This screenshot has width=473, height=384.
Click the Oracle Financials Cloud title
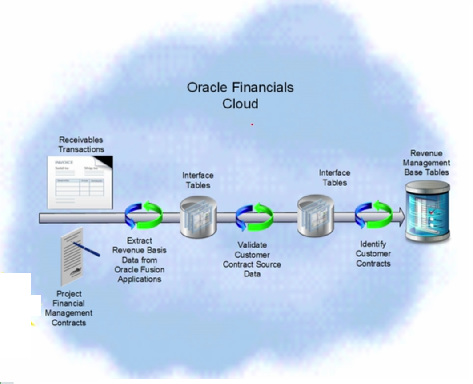pyautogui.click(x=240, y=95)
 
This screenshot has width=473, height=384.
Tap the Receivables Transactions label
pyautogui.click(x=81, y=144)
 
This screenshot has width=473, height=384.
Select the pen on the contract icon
pyautogui.click(x=87, y=249)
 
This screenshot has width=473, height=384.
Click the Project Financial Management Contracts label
pyautogui.click(x=69, y=308)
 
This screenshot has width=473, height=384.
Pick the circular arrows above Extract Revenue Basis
pyautogui.click(x=144, y=216)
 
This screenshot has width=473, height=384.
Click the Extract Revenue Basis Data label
pyautogui.click(x=139, y=260)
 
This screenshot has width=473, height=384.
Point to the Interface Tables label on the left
pyautogui.click(x=198, y=180)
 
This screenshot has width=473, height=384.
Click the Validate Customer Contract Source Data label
pyautogui.click(x=252, y=259)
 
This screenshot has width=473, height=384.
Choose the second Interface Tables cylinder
pyautogui.click(x=315, y=216)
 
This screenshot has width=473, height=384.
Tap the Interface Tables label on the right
pyautogui.click(x=334, y=177)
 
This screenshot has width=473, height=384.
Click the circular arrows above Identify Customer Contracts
pyautogui.click(x=373, y=215)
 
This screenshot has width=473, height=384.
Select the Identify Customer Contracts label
pyautogui.click(x=373, y=254)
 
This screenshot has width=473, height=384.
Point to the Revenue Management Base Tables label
pyautogui.click(x=426, y=162)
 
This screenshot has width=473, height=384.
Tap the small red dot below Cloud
pyautogui.click(x=252, y=124)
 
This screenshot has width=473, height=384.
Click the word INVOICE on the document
pyautogui.click(x=64, y=162)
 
